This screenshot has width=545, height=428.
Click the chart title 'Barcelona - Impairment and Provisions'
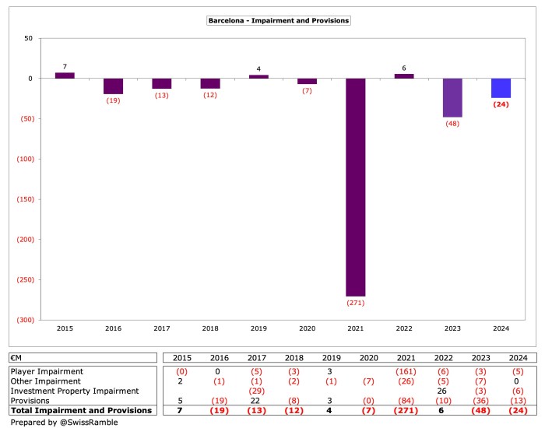[278, 20]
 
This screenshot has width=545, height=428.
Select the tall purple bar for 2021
[356, 187]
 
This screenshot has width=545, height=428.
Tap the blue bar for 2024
[501, 88]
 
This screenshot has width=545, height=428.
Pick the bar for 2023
[452, 97]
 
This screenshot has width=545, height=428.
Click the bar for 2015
[65, 75]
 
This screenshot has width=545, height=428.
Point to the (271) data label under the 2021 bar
[356, 303]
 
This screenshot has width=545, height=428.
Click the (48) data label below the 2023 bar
[452, 124]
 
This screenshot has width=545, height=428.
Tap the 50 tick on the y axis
[27, 38]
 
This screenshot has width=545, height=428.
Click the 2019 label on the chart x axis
[258, 329]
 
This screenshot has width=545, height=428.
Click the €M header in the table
[16, 357]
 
